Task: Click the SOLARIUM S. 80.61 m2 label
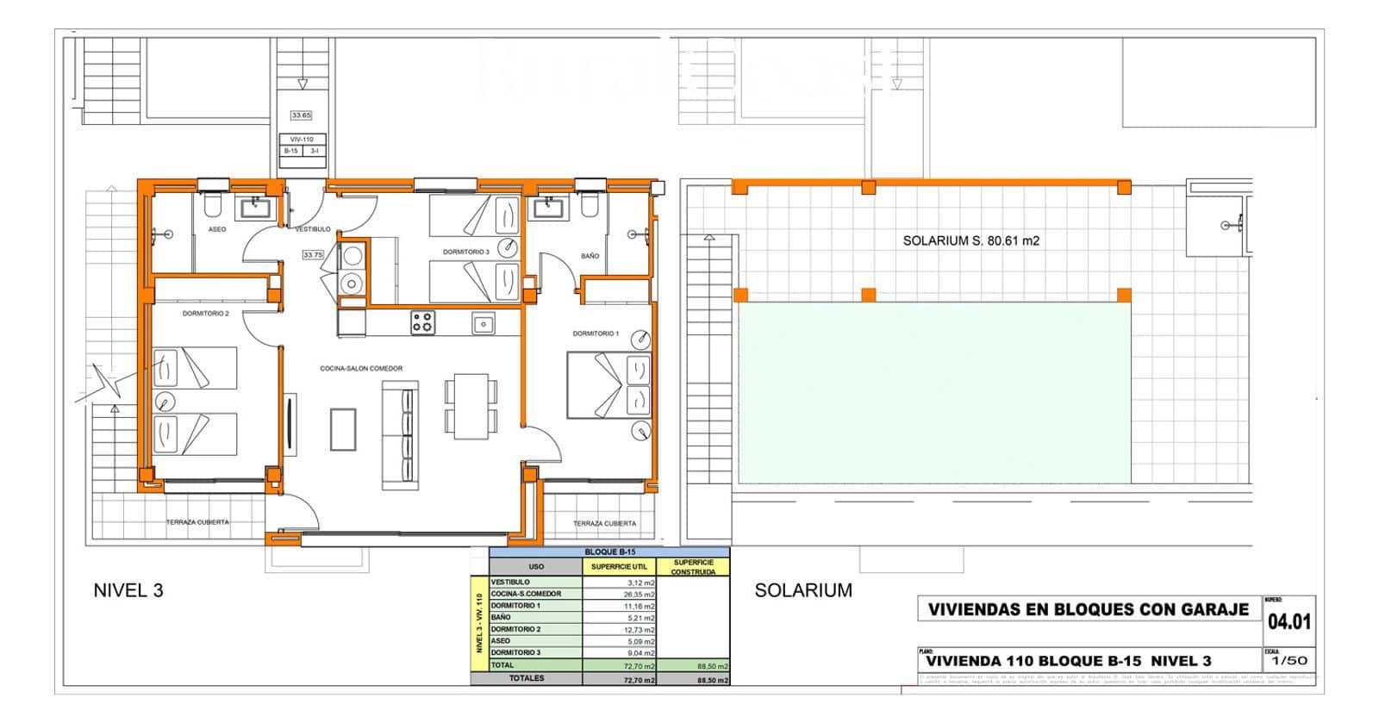point(970,241)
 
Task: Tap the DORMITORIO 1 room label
point(596,333)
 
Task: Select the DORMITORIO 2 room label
point(205,314)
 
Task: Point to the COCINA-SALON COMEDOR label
point(361,369)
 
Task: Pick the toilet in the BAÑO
point(590,204)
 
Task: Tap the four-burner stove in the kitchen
point(422,323)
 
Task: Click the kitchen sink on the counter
point(483,323)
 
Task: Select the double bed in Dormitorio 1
point(608,385)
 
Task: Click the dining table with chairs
point(471,406)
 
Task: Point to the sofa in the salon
point(400,435)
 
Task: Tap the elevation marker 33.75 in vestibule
point(312,255)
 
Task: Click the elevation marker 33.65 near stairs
point(301,115)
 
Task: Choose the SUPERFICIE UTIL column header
point(619,567)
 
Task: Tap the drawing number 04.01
point(1289,621)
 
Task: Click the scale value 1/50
point(1289,661)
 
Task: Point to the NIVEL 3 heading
point(128,590)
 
